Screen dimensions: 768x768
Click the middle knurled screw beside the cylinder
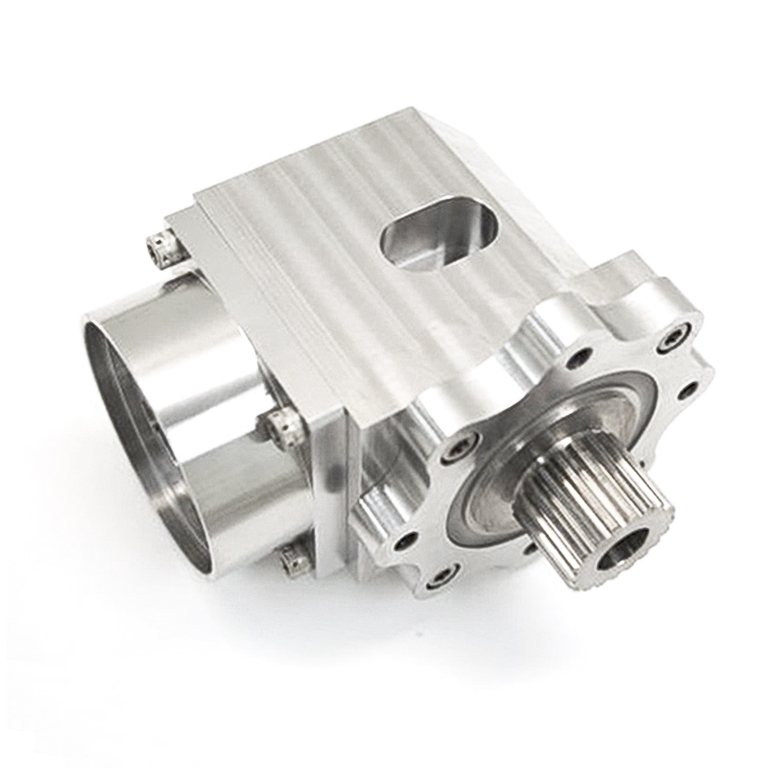[x=281, y=423]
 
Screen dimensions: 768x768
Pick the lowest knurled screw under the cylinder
[x=296, y=559]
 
